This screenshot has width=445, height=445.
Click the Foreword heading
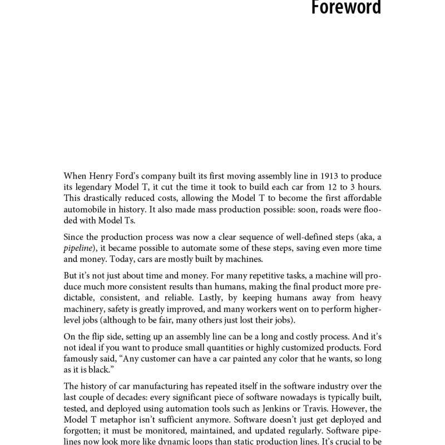tap(345, 8)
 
